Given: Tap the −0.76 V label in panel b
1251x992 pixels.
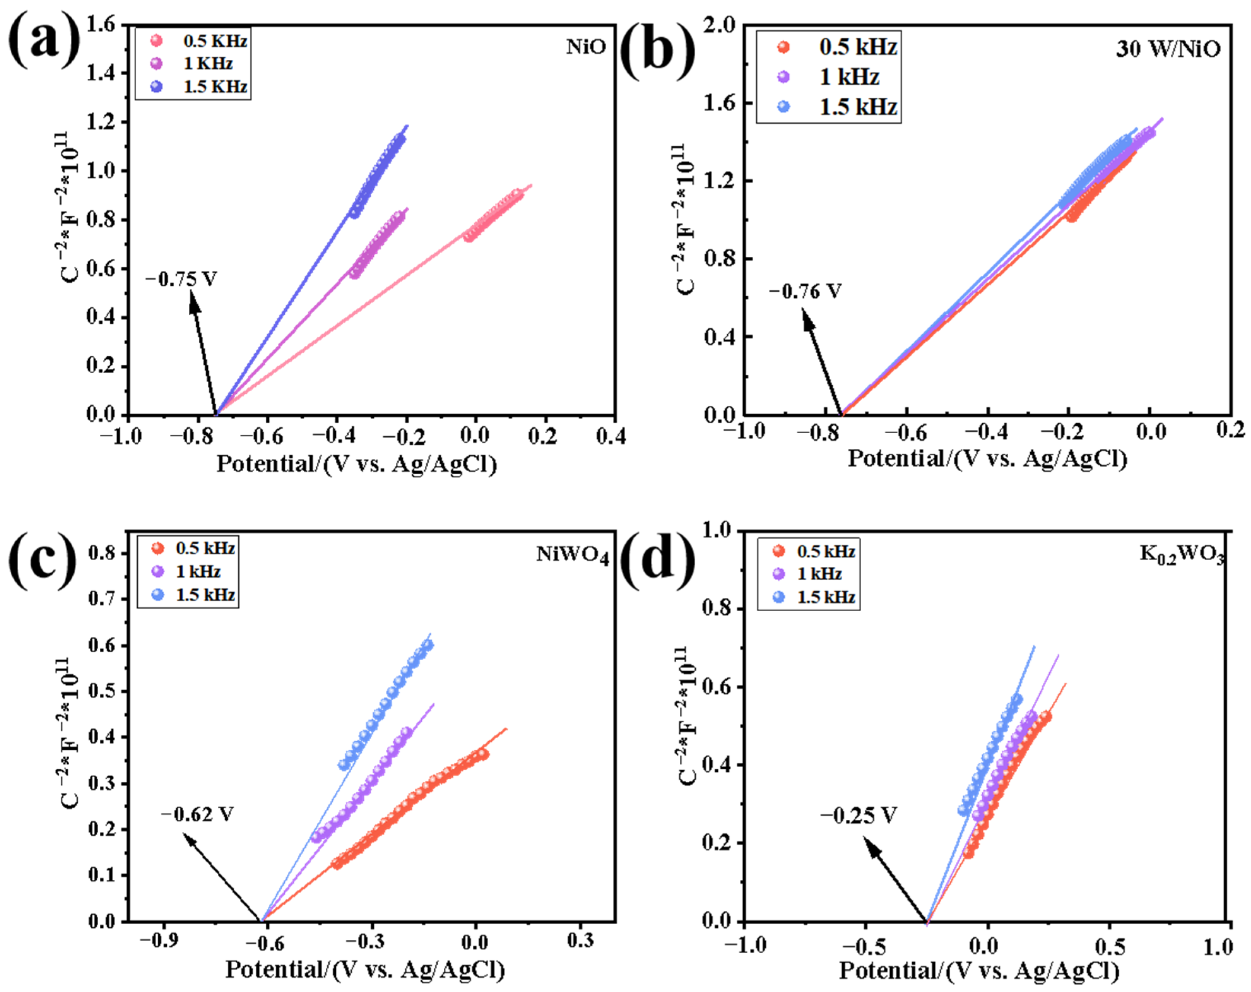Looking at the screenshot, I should click(x=805, y=291).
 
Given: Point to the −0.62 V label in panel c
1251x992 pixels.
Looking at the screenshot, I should click(x=197, y=815).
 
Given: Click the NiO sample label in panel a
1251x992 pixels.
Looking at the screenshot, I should click(x=585, y=47).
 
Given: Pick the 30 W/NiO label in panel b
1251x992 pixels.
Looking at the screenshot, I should click(x=1167, y=49).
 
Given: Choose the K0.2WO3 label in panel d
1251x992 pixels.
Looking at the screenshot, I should click(x=1181, y=554).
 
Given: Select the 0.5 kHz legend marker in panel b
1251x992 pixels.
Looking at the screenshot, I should click(x=783, y=47).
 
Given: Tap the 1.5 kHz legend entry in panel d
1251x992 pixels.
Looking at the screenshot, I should click(x=826, y=597).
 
